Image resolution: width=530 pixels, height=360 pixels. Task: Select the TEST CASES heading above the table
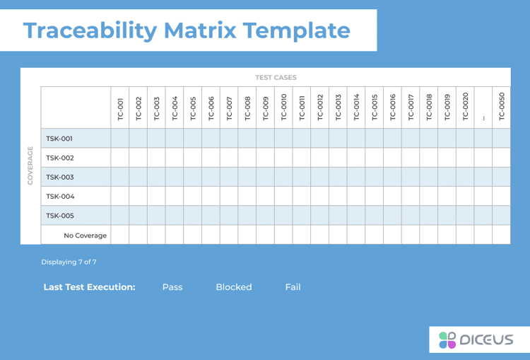point(276,78)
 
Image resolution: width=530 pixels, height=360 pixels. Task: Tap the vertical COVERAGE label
point(30,166)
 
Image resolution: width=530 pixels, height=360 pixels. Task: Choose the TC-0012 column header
point(319,108)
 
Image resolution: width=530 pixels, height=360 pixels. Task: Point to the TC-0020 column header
point(465,108)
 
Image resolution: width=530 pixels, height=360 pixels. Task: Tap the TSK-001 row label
point(59,139)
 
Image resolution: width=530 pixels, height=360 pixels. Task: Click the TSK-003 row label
point(59,177)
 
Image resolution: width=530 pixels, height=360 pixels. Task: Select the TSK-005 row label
point(59,216)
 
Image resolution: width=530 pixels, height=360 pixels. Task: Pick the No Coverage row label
point(86,235)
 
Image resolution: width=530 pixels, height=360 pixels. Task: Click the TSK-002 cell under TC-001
point(120,158)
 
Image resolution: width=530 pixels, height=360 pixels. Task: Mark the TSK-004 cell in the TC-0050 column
point(501,196)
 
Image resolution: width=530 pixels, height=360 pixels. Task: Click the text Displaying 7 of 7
point(69,262)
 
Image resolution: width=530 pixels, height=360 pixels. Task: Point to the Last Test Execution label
point(89,287)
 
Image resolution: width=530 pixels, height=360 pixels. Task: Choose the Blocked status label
point(233,287)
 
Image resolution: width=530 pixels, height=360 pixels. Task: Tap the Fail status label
point(293,287)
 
